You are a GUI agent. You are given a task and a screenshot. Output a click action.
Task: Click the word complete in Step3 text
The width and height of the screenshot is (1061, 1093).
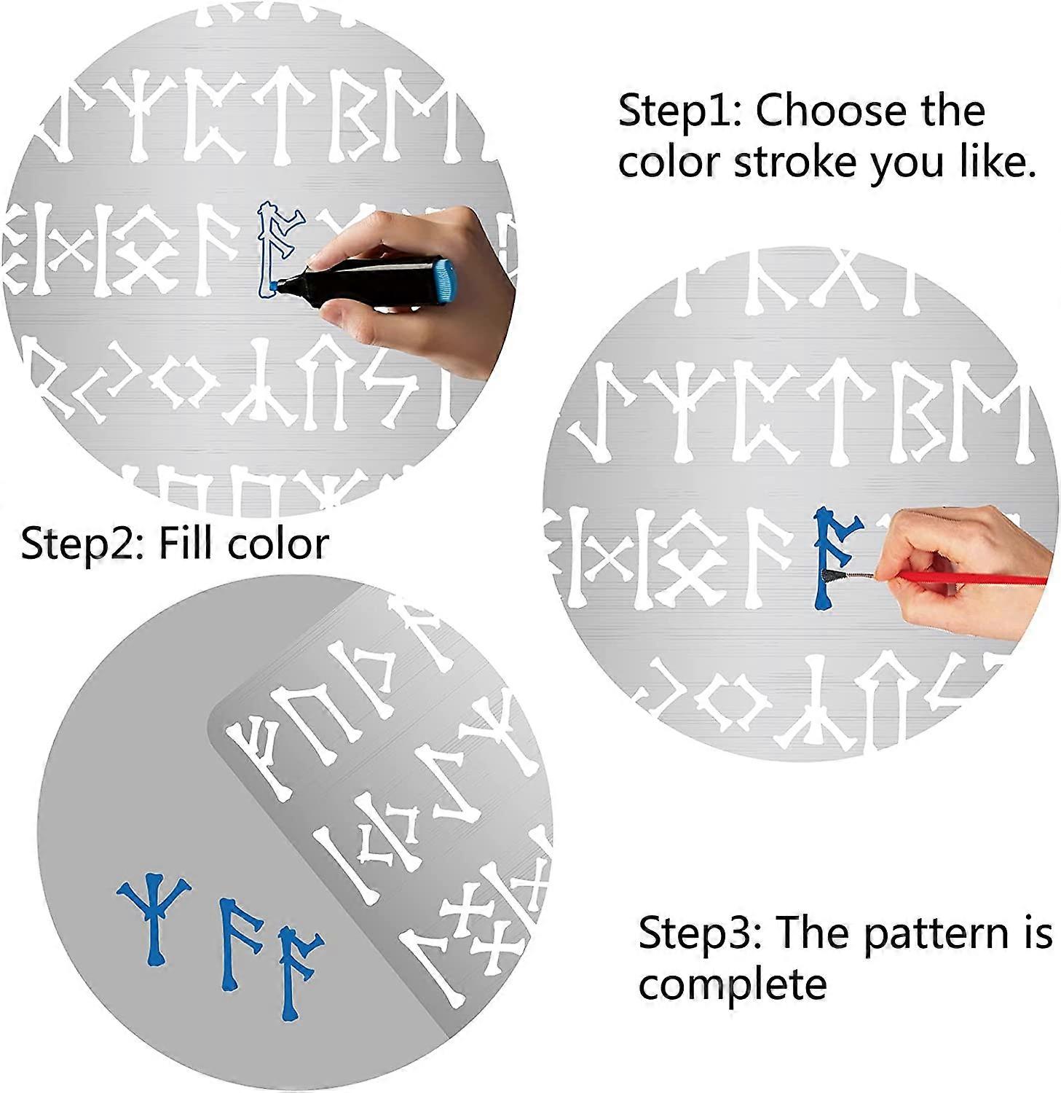pyautogui.click(x=732, y=985)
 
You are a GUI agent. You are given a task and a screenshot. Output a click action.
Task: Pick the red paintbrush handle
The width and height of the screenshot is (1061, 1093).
pyautogui.click(x=969, y=578)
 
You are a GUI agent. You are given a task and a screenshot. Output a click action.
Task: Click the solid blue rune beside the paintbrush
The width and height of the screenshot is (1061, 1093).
pyautogui.click(x=832, y=557)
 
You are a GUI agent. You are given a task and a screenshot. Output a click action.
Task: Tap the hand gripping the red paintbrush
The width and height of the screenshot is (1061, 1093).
pyautogui.click(x=969, y=554)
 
